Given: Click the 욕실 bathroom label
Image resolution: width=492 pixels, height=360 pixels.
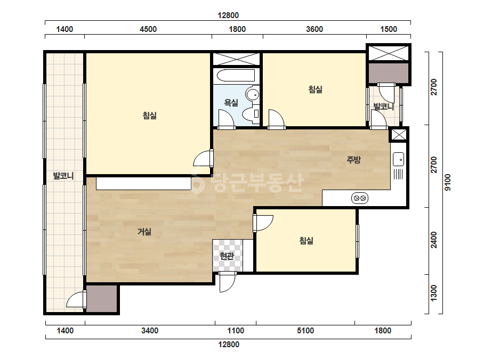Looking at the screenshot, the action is (231, 103).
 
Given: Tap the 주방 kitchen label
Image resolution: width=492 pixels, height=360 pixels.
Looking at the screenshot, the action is (353, 160).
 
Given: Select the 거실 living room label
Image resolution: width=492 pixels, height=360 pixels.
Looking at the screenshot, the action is (144, 232).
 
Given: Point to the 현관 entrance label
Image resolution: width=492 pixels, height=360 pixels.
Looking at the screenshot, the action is (227, 256).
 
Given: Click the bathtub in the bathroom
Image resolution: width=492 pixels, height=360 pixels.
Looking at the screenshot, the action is (236, 76).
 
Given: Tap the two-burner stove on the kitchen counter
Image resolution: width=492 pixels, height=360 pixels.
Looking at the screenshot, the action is (360, 198).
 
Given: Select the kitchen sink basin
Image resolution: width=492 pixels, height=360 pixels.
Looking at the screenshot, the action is (399, 159).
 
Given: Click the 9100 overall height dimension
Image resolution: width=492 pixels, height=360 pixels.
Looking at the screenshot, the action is (448, 183).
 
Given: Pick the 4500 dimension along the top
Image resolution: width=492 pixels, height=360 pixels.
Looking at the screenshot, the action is (148, 29).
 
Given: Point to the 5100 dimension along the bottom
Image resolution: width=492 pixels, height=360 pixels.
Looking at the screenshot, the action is (305, 331).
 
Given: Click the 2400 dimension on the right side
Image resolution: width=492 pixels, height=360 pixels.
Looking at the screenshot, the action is (434, 240).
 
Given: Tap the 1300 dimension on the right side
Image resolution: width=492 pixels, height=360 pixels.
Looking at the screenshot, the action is (434, 293).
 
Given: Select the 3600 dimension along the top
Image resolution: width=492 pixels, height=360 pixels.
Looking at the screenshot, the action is (314, 29).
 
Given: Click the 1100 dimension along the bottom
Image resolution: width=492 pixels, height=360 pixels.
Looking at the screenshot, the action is (236, 331).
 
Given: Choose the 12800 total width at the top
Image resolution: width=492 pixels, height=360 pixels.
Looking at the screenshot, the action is (229, 15).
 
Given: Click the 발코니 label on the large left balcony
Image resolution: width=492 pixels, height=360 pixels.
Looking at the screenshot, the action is (63, 176).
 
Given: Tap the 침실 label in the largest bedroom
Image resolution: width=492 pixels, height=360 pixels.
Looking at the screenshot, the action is (150, 116).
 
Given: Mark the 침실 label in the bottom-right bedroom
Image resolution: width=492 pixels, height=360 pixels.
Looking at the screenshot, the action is (307, 241).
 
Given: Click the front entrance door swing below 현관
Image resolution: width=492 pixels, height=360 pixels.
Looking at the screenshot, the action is (227, 282).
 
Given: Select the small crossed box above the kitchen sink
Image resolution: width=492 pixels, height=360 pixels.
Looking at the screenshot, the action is (399, 135).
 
